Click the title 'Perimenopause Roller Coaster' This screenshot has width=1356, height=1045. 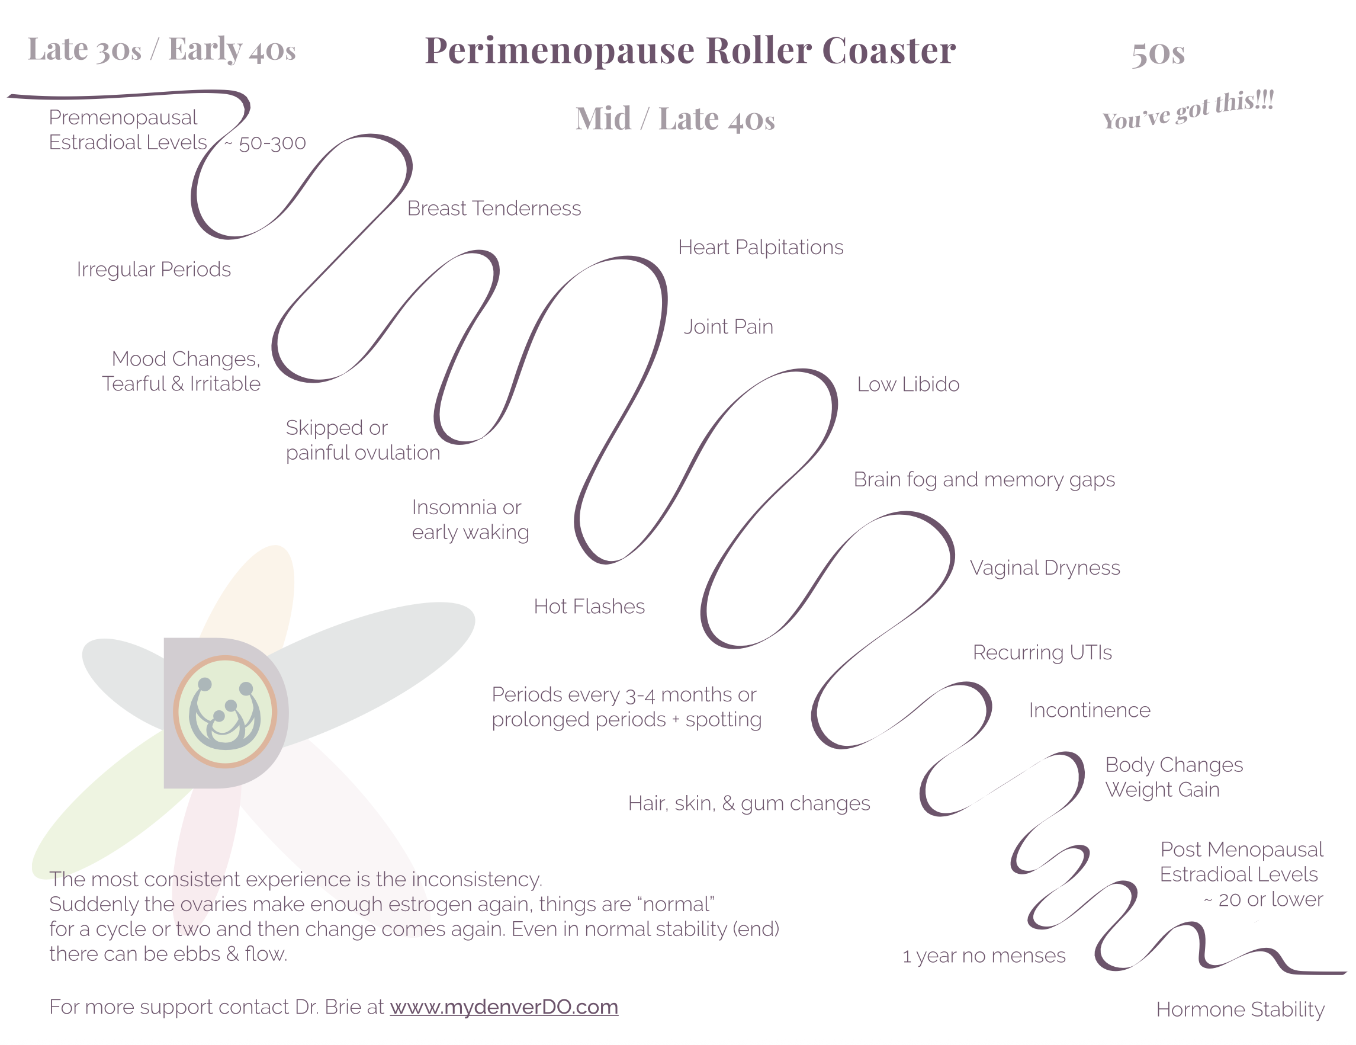tap(690, 50)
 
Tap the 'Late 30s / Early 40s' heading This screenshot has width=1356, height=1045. tap(162, 50)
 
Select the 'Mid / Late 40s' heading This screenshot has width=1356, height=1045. tap(675, 118)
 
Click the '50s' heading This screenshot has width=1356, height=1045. tap(1157, 53)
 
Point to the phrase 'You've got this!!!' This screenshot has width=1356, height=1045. tap(1188, 110)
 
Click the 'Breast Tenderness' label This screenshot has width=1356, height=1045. tap(494, 208)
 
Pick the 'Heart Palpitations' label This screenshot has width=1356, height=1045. tap(760, 247)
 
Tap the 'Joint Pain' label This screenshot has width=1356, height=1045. tap(728, 327)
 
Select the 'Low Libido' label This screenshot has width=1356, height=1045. tap(908, 384)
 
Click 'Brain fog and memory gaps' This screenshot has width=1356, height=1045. tap(984, 480)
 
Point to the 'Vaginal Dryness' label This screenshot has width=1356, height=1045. tap(1045, 568)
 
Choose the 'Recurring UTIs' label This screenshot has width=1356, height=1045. tap(1042, 652)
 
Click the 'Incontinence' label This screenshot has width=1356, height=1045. tap(1089, 710)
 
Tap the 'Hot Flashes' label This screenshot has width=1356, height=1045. tap(589, 607)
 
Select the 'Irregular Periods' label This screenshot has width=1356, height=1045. tap(153, 270)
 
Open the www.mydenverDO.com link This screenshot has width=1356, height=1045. tap(503, 1006)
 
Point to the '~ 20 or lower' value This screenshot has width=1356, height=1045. tap(1263, 900)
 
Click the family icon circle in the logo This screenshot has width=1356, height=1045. tap(225, 711)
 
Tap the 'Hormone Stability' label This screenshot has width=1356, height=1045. tap(1239, 1009)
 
